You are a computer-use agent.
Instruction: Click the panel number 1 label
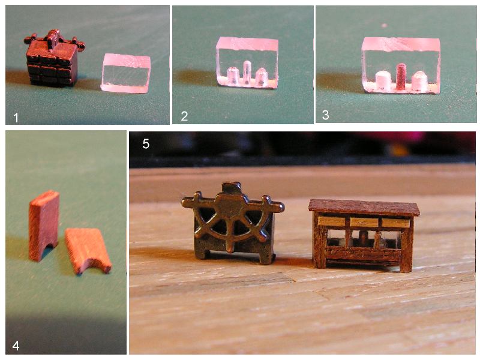pos(16,118)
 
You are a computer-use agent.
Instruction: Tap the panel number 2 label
pos(184,116)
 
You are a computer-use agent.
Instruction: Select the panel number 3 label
pos(326,115)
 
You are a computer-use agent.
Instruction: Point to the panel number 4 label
pos(16,346)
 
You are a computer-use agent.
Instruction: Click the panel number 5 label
pos(146,143)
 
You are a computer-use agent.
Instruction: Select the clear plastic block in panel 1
pos(125,73)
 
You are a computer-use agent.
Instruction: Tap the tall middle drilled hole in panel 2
pos(247,72)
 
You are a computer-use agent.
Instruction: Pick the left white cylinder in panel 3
pos(382,81)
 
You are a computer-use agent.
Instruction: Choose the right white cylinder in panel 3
pos(419,81)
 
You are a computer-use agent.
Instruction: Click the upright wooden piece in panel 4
pos(44,226)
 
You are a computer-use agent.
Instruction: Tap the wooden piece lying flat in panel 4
pos(88,250)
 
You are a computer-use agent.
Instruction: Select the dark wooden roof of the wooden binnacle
pos(364,208)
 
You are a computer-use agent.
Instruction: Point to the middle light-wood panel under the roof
pos(364,222)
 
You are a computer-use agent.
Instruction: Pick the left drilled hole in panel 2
pos(233,76)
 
